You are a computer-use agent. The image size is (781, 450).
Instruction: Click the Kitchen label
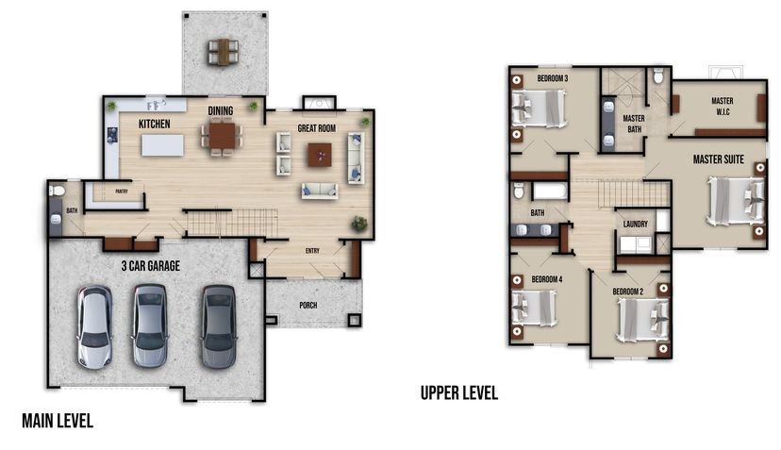tap(155, 124)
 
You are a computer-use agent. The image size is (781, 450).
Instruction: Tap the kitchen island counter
tap(162, 145)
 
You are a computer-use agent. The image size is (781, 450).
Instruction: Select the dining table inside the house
tap(222, 136)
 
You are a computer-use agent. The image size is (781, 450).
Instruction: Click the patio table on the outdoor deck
tap(224, 52)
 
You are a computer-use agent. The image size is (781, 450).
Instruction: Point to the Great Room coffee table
tap(320, 155)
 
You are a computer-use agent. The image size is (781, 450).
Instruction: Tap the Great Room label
tap(317, 128)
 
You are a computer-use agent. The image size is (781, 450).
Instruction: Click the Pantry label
tap(122, 192)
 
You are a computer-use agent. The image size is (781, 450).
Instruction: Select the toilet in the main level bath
tap(57, 191)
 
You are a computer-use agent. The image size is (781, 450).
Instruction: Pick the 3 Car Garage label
tap(151, 266)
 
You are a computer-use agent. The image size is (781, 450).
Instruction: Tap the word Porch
tap(308, 305)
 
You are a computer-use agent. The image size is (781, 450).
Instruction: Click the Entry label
tap(312, 251)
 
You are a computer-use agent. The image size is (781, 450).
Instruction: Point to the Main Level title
tap(58, 421)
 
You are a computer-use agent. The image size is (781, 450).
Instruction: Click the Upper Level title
tap(459, 393)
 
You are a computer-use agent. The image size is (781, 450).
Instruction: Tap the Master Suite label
tap(718, 159)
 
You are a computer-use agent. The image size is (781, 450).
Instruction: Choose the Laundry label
tap(636, 224)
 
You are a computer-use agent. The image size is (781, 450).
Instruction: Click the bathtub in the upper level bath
tap(551, 192)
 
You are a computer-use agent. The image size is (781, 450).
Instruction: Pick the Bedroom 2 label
tap(627, 292)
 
